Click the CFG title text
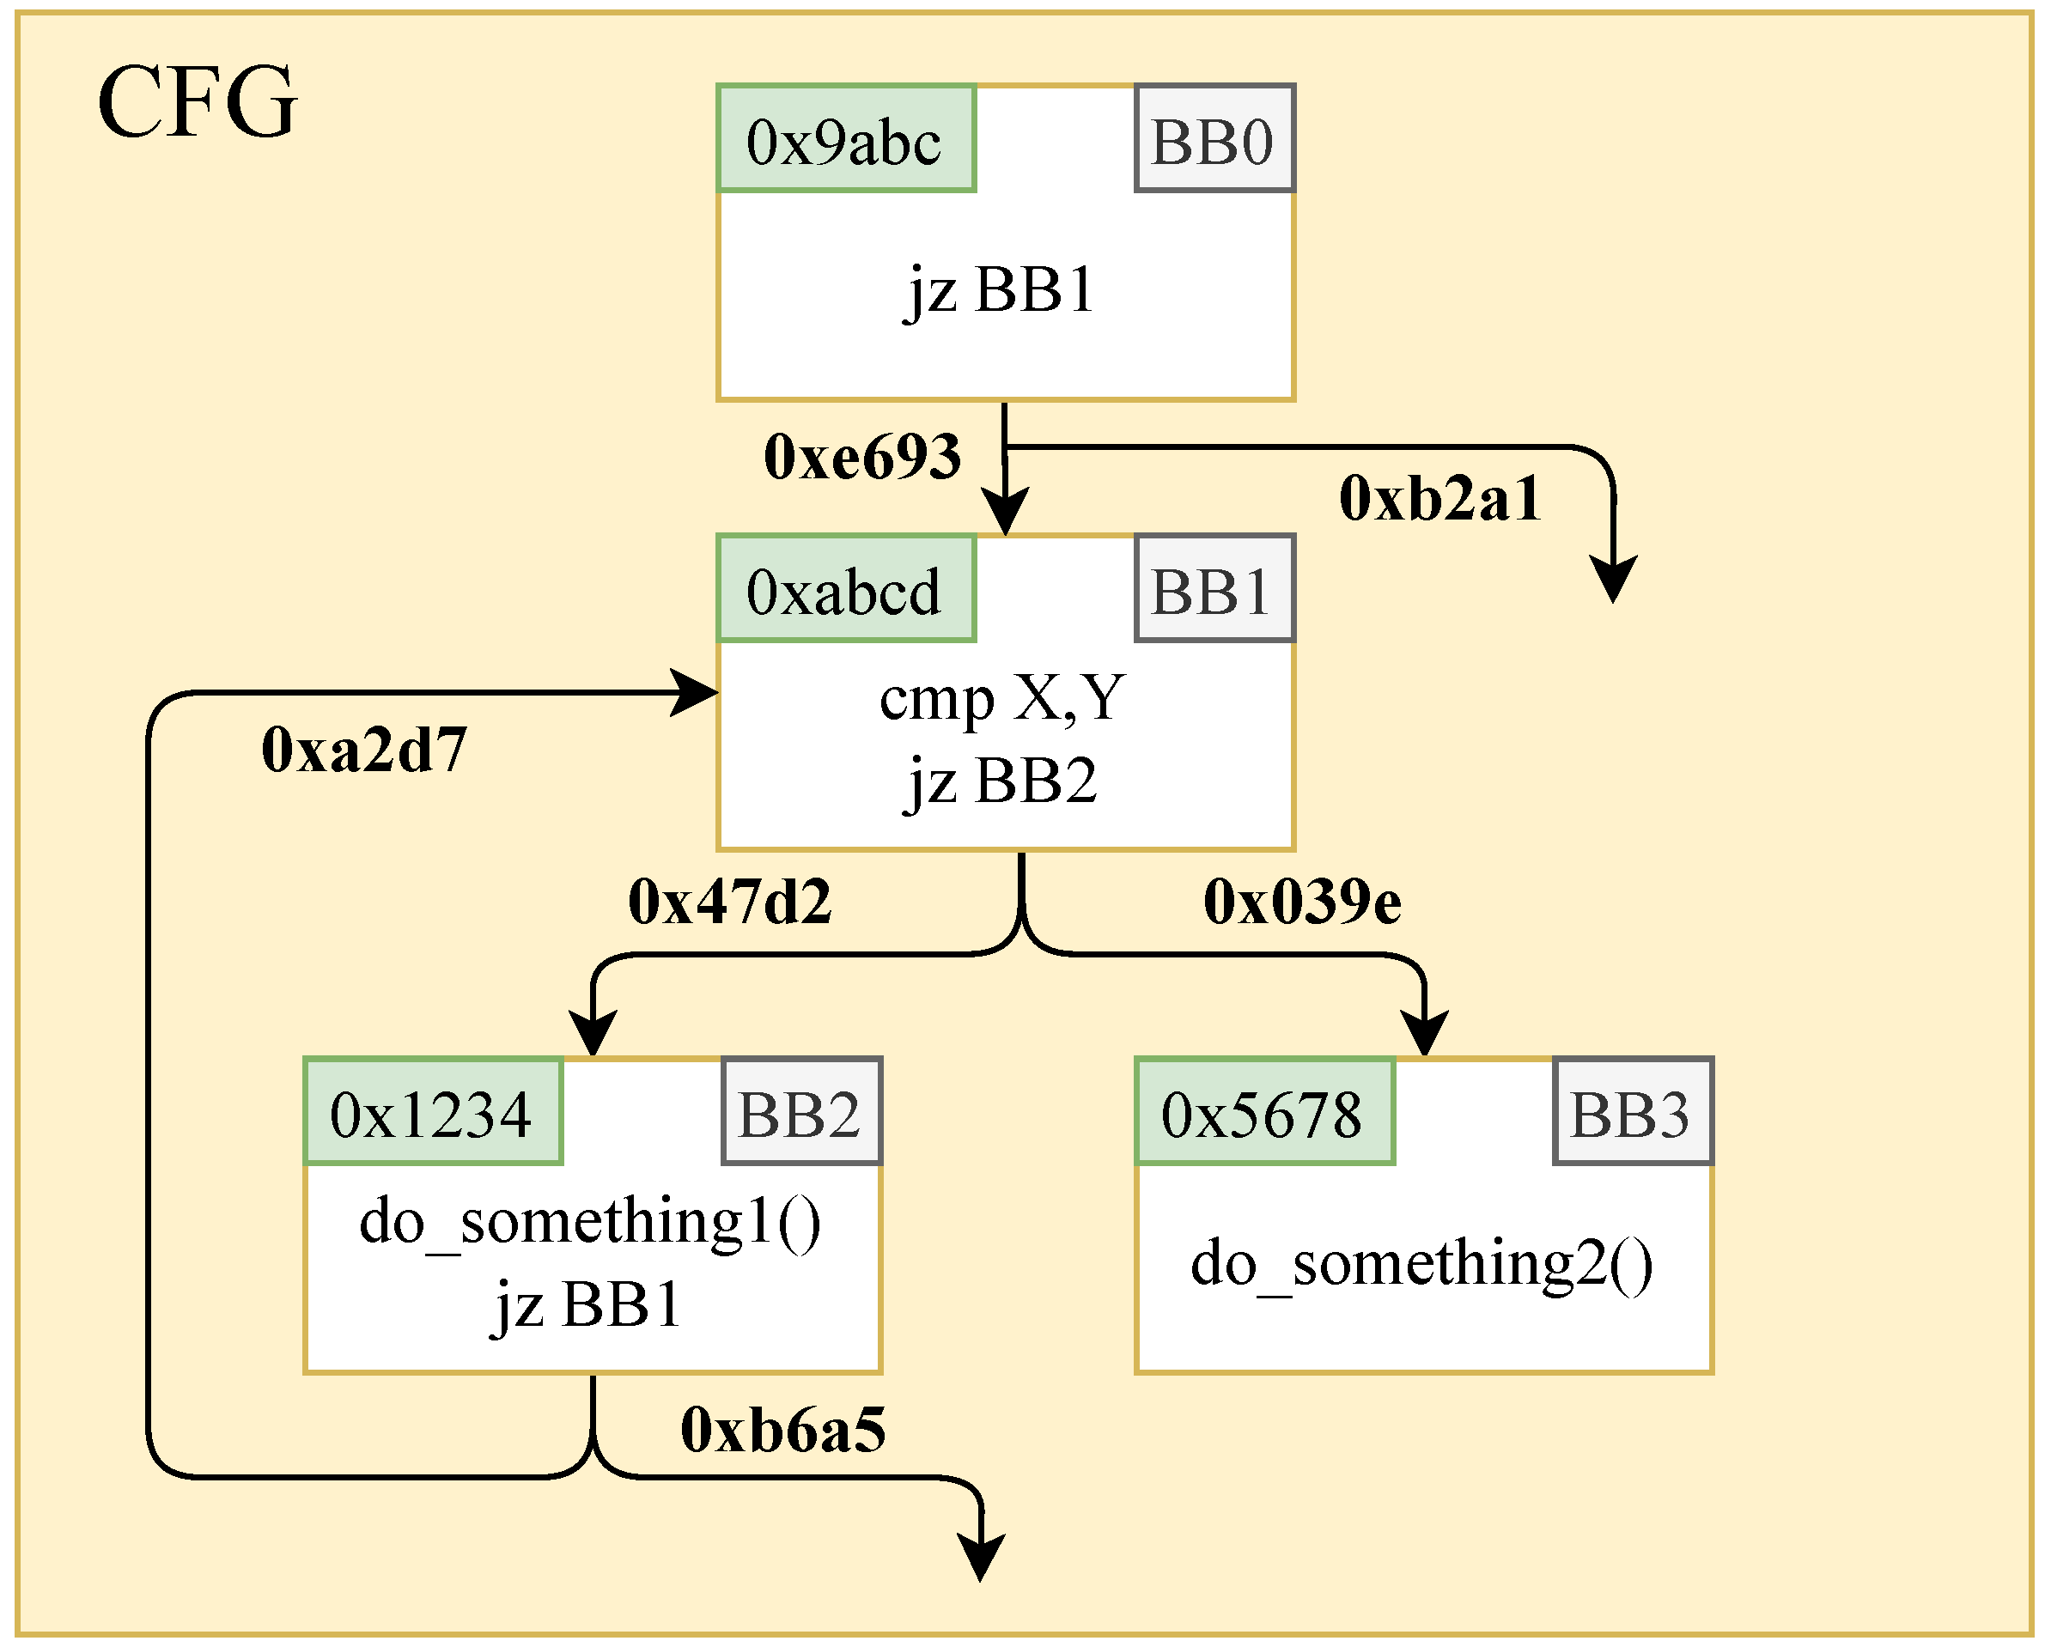coord(198,102)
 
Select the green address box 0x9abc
coord(845,139)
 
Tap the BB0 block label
coord(1214,139)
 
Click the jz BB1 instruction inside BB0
coord(1002,289)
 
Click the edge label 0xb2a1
coord(1439,498)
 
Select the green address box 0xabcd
coord(845,589)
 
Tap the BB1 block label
coord(1214,589)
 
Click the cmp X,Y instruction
coord(1002,698)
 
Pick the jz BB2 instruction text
coord(1002,781)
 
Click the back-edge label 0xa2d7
coord(364,750)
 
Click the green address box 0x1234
coord(433,1112)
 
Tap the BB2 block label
coord(801,1112)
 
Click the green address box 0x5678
coord(1264,1112)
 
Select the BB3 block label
coord(1632,1112)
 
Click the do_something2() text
coord(1421,1264)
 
